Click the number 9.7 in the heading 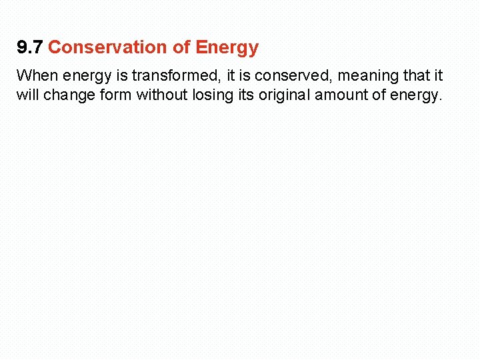point(30,48)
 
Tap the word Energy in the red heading point(227,48)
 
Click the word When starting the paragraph point(37,75)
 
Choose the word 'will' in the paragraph point(28,95)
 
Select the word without point(163,95)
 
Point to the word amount point(341,95)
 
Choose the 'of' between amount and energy point(379,95)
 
